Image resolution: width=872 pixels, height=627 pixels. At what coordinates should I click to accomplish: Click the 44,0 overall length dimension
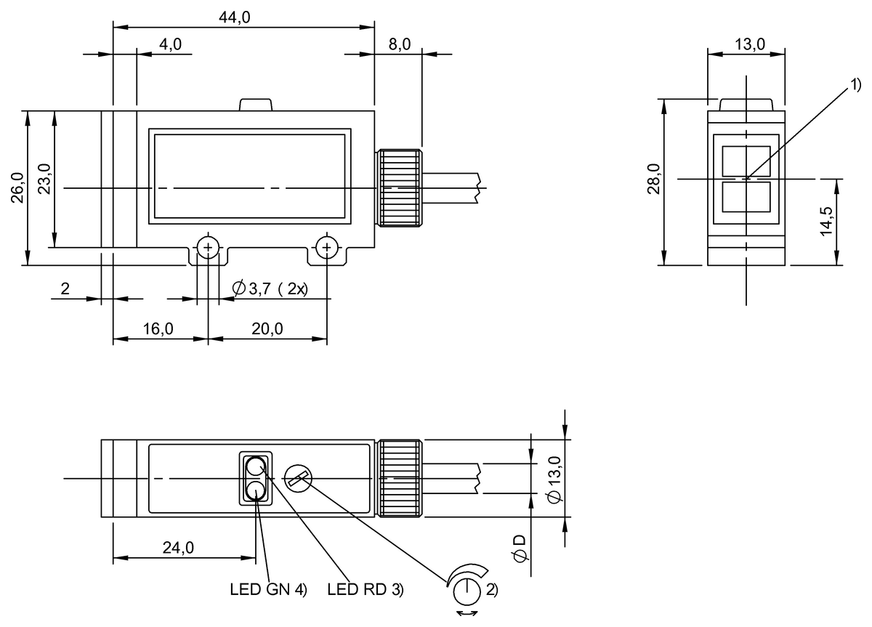pyautogui.click(x=235, y=18)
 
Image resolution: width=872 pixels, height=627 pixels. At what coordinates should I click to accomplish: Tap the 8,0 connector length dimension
pyautogui.click(x=399, y=45)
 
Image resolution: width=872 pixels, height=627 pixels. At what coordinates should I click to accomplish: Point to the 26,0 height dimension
pyautogui.click(x=17, y=188)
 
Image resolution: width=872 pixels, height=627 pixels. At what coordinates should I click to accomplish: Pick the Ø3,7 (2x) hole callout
pyautogui.click(x=270, y=289)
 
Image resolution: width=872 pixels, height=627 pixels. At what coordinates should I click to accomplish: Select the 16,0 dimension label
pyautogui.click(x=158, y=329)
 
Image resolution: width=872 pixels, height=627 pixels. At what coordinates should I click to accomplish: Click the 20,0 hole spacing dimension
pyautogui.click(x=267, y=329)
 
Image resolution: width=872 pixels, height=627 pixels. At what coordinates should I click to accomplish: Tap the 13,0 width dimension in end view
pyautogui.click(x=749, y=44)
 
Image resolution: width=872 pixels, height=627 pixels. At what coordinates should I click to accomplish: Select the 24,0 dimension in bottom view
pyautogui.click(x=178, y=549)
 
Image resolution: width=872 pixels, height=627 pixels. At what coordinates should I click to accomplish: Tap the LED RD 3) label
pyautogui.click(x=365, y=590)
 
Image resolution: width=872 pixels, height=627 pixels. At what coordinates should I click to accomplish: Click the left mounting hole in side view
pyautogui.click(x=209, y=248)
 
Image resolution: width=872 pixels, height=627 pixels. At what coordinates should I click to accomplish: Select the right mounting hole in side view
pyautogui.click(x=327, y=248)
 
